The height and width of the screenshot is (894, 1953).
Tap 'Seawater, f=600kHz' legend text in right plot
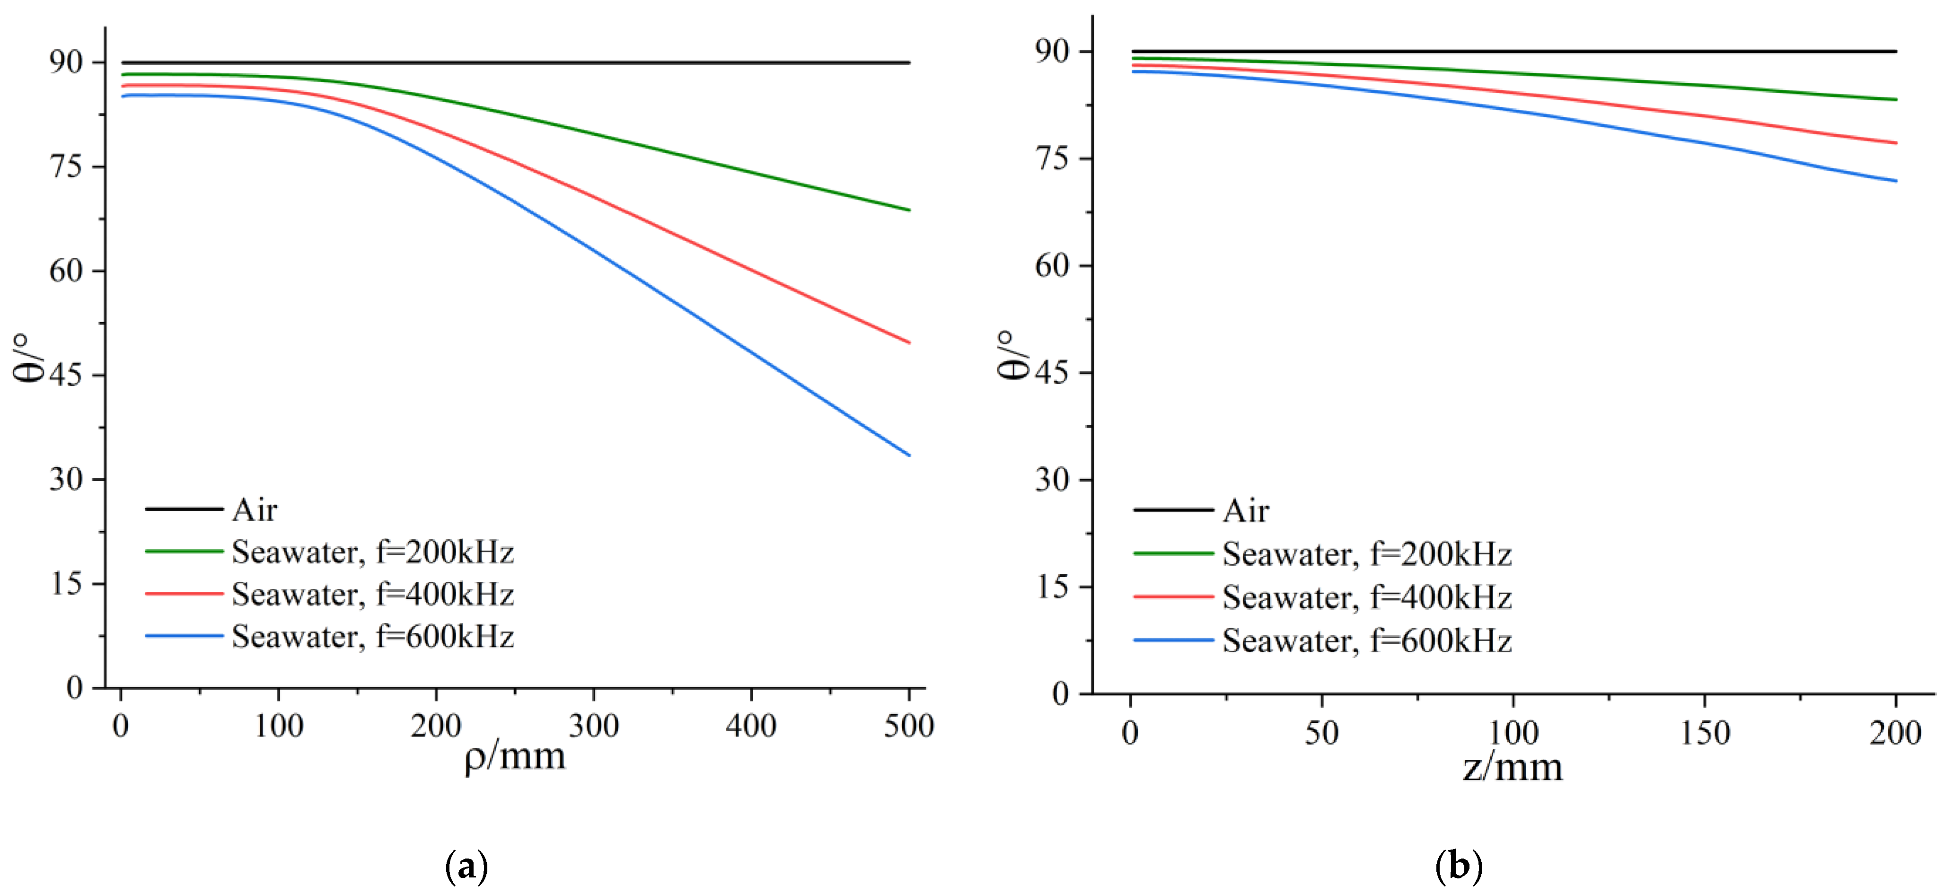click(x=1366, y=641)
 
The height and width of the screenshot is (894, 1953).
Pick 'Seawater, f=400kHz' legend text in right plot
click(x=1366, y=598)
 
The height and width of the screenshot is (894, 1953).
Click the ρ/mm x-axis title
click(x=515, y=757)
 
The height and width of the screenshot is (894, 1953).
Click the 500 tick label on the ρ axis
click(x=908, y=727)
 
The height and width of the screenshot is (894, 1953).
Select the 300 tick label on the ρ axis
click(x=594, y=727)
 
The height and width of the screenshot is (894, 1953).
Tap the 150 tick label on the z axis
click(x=1704, y=733)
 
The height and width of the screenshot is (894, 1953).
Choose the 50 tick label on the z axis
click(x=1321, y=733)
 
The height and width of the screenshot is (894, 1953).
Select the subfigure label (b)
click(x=1459, y=866)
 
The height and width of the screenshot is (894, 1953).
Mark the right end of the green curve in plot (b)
click(x=1895, y=99)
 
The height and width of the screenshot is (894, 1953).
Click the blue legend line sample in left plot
click(x=184, y=635)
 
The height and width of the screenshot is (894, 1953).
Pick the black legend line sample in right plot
click(x=1173, y=509)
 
